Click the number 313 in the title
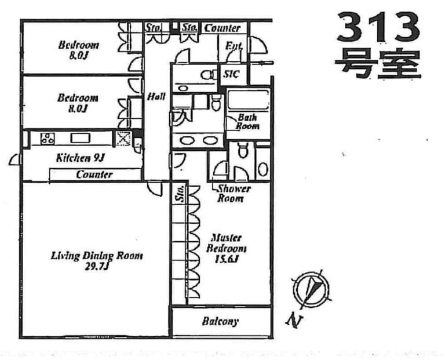[378, 27]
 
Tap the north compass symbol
[312, 290]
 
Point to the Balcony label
[220, 321]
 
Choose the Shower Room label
[234, 193]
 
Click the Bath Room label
[247, 122]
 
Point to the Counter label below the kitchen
[94, 174]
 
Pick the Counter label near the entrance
[222, 27]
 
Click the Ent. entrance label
[234, 46]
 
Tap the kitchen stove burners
[46, 139]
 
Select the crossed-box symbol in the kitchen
[123, 138]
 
